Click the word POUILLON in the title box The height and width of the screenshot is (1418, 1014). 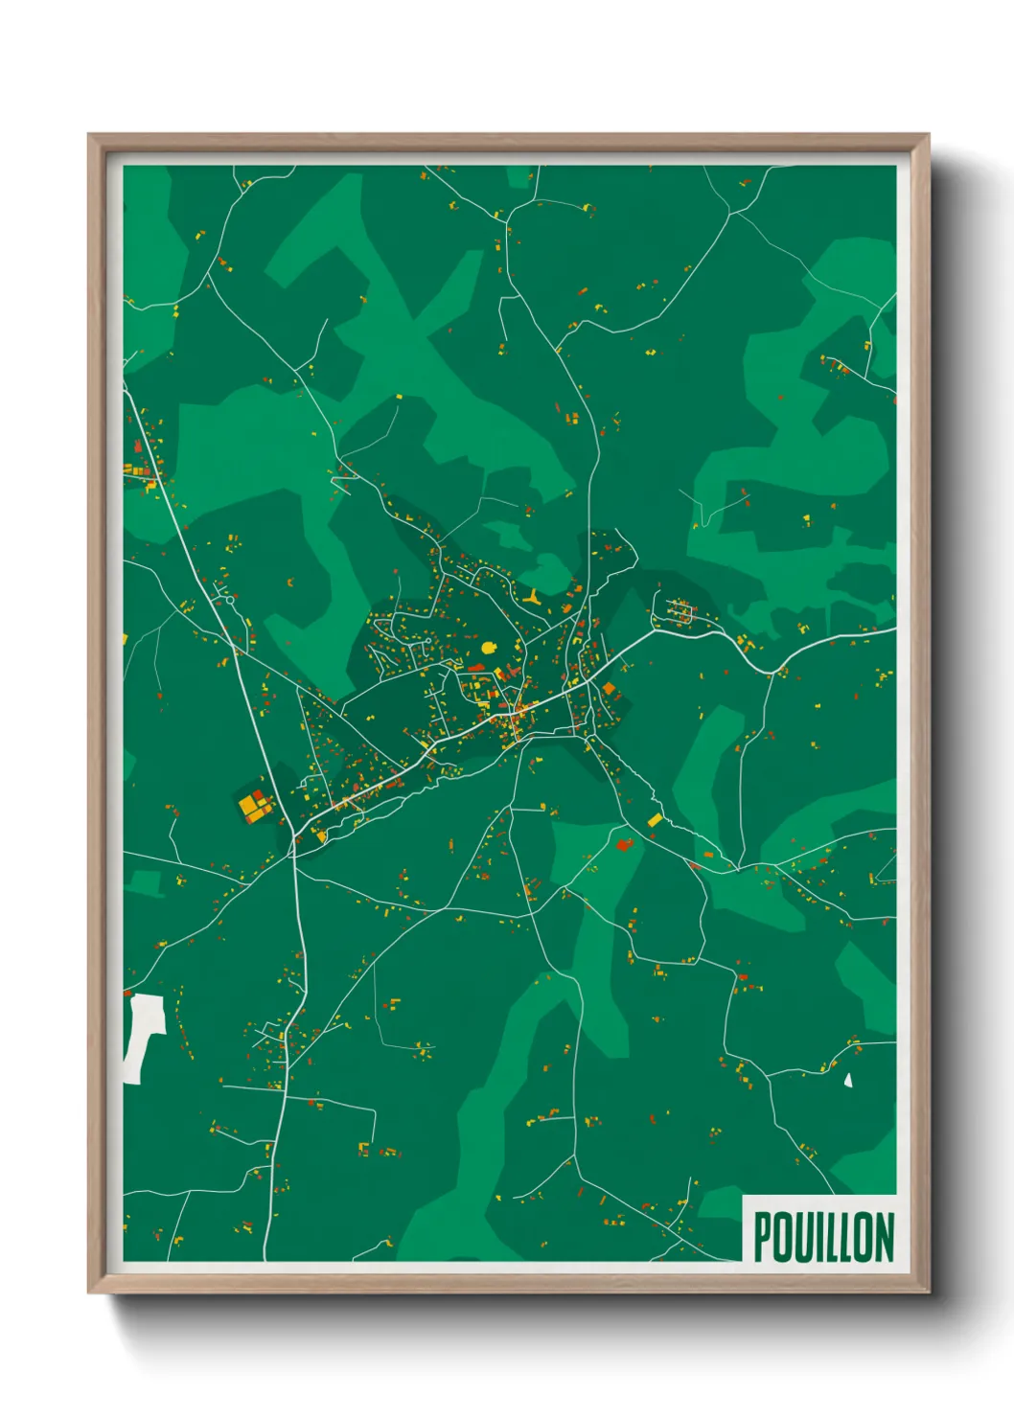[823, 1237]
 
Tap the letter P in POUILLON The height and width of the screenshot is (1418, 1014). [764, 1237]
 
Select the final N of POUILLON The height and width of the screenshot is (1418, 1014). [884, 1237]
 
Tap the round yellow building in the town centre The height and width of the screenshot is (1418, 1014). [490, 648]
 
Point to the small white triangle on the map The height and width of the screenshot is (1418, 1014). [848, 1080]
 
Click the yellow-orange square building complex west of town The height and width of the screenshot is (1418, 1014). [254, 806]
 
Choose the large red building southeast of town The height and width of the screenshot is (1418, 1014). [625, 844]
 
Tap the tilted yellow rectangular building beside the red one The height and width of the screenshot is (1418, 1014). [656, 820]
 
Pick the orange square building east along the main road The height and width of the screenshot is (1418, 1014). [609, 689]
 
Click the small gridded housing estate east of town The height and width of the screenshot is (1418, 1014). [682, 610]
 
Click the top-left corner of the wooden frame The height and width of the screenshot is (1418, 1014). [89, 135]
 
